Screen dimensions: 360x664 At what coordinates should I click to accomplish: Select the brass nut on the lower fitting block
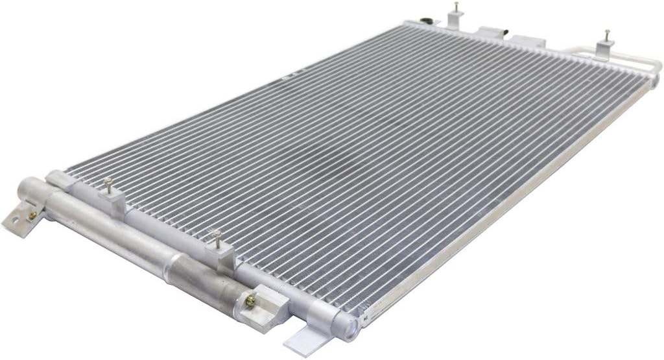tap(249, 299)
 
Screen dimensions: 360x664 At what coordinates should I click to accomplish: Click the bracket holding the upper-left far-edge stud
tap(454, 23)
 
